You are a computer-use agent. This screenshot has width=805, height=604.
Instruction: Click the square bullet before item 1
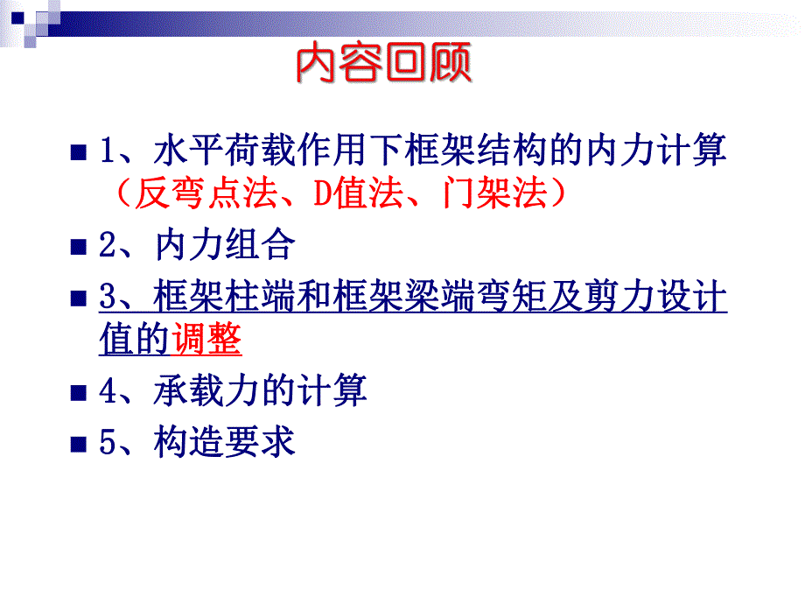[76, 151]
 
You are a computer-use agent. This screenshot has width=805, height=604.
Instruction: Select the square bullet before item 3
[76, 298]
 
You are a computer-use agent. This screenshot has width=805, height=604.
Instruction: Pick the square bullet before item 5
[76, 443]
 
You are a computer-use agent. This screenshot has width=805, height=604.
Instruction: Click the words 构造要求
[223, 441]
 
